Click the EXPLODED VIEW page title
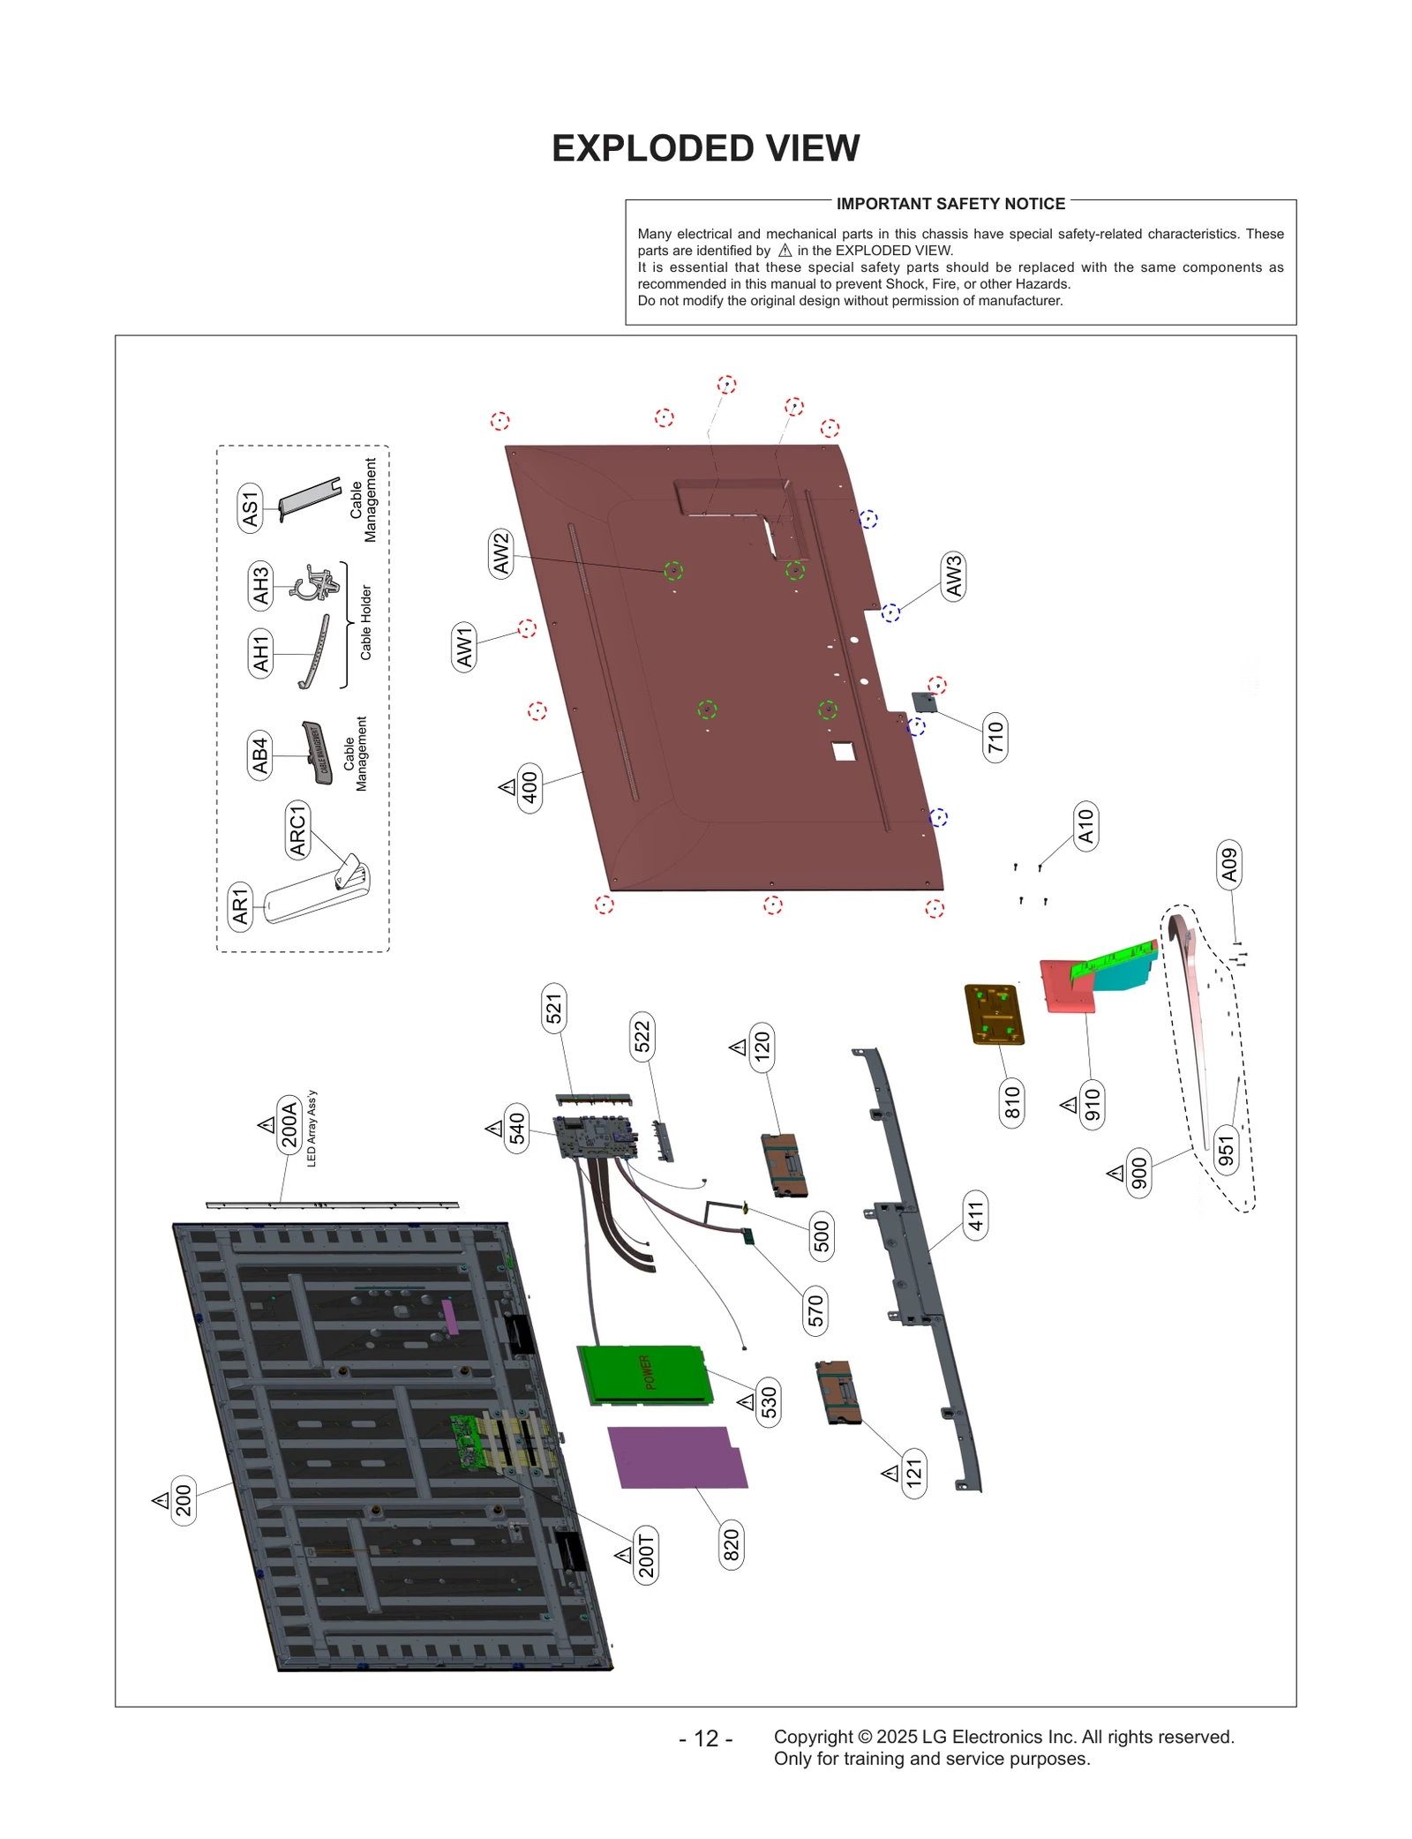[x=705, y=148]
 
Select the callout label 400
[x=529, y=788]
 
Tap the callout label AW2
[x=501, y=553]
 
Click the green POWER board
[x=645, y=1374]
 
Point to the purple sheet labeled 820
[x=678, y=1457]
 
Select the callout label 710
[x=995, y=737]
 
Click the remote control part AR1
[x=315, y=894]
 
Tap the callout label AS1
[x=251, y=508]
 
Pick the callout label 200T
[x=647, y=1555]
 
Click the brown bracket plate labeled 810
[x=995, y=1014]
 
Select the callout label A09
[x=1229, y=864]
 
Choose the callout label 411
[x=975, y=1216]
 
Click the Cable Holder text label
[x=366, y=622]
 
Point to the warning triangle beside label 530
[x=747, y=1401]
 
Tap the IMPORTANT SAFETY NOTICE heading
[x=950, y=204]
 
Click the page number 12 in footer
[x=705, y=1738]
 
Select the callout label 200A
[x=289, y=1122]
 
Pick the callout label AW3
[x=953, y=576]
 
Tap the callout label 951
[x=1226, y=1150]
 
